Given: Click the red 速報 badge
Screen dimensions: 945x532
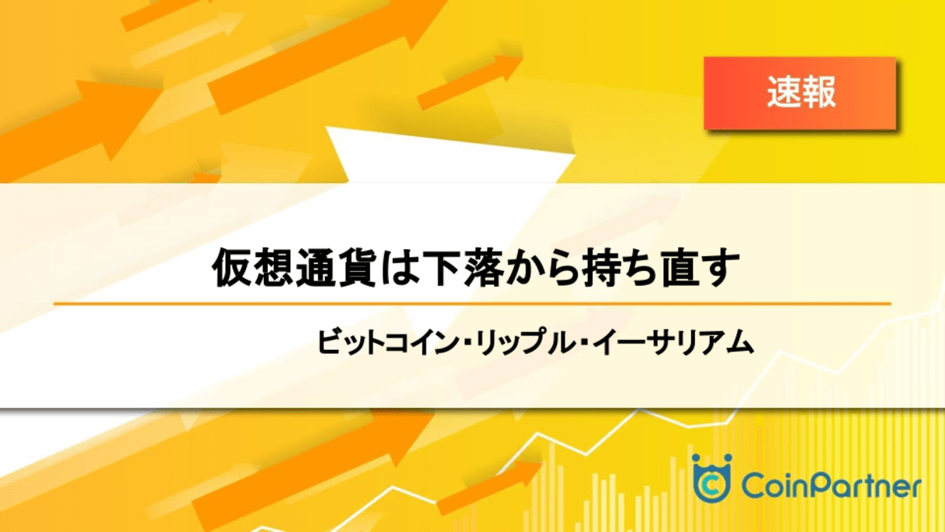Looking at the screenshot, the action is (x=800, y=93).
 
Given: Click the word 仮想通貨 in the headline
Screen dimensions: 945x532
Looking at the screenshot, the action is (x=294, y=268).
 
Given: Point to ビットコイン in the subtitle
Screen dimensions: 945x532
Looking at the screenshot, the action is (x=387, y=342).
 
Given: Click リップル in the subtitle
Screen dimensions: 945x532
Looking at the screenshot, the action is (x=524, y=342).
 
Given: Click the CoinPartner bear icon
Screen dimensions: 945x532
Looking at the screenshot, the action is (x=711, y=478).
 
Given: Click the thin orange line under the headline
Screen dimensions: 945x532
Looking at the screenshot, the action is (x=472, y=303).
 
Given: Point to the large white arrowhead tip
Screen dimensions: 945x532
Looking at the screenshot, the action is (x=326, y=127).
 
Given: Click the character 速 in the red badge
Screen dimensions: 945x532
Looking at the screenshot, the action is (x=783, y=93).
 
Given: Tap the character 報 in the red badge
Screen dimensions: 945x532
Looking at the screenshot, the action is (x=818, y=93).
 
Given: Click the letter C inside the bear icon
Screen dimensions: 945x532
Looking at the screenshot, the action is (x=711, y=485).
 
